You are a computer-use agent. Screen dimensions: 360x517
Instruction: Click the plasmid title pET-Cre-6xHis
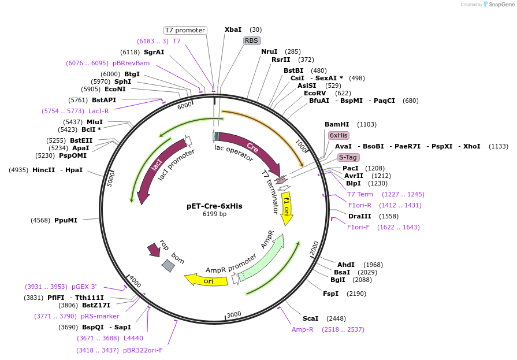pyautogui.click(x=214, y=206)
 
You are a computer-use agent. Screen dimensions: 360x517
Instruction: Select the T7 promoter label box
pyautogui.click(x=185, y=30)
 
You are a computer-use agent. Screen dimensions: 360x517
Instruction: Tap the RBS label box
pyautogui.click(x=251, y=40)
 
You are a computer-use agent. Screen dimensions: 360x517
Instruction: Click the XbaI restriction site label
pyautogui.click(x=233, y=29)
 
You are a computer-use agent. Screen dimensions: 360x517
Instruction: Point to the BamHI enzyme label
pyautogui.click(x=337, y=124)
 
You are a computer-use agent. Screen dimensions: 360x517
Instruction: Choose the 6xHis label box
pyautogui.click(x=339, y=135)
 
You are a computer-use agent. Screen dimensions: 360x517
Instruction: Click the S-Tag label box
pyautogui.click(x=348, y=157)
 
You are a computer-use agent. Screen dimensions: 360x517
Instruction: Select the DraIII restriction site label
pyautogui.click(x=360, y=216)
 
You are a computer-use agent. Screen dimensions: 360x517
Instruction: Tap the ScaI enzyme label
pyautogui.click(x=311, y=318)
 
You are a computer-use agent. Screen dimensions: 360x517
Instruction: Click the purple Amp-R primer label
pyautogui.click(x=302, y=329)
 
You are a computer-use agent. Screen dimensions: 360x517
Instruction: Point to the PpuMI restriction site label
pyautogui.click(x=66, y=220)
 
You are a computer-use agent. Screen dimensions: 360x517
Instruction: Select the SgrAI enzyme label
pyautogui.click(x=154, y=52)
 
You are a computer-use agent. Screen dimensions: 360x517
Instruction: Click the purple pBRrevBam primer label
pyautogui.click(x=131, y=63)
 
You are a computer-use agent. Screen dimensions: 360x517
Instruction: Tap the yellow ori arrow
pyautogui.click(x=207, y=281)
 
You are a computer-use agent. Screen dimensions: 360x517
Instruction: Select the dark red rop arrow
pyautogui.click(x=154, y=249)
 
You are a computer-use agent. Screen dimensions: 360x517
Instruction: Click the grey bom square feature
pyautogui.click(x=168, y=266)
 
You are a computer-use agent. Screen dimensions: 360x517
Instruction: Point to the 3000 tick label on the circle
pyautogui.click(x=233, y=314)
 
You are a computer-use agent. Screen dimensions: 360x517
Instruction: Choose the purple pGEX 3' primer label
pyautogui.click(x=84, y=287)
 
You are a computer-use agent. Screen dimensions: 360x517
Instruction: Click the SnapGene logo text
pyautogui.click(x=500, y=5)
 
